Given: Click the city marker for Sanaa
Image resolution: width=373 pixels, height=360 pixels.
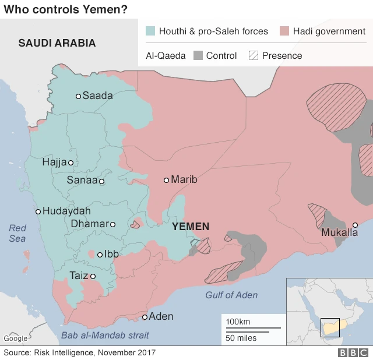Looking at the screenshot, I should coord(101,181).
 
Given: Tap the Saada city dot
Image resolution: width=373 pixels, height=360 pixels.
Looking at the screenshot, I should coord(78,96).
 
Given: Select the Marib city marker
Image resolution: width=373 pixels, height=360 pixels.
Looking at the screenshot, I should coord(166,180).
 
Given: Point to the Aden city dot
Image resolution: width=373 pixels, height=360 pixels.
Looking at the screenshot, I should coord(145,317).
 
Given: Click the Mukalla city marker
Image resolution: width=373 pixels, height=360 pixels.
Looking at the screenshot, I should coord(355,225).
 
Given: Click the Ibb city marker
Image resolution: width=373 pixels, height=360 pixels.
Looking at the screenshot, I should coord(100,254).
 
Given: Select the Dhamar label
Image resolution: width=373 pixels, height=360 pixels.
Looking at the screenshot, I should coord(89,224).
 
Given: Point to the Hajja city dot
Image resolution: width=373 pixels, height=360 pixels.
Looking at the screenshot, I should coord(71,163).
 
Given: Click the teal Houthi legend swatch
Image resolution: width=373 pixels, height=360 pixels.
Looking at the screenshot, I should coord(150,31).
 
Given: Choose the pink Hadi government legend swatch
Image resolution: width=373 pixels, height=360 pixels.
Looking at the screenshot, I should coord(284,31).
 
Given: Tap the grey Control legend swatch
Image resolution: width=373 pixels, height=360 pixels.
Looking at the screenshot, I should coord(198,56).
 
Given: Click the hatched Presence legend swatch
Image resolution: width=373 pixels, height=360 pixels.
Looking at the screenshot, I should coord(254,56).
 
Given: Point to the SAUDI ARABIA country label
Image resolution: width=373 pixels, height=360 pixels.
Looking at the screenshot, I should coord(57,43).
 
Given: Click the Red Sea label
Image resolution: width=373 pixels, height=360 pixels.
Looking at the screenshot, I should coord(17,233).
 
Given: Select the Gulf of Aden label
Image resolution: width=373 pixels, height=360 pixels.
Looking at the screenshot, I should coord(231,295).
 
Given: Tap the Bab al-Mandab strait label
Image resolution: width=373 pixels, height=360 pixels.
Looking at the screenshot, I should coord(105,335).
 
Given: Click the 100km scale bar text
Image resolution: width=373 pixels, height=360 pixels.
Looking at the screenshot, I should coord(238,322).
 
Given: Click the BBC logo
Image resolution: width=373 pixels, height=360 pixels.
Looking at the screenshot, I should coord(351,352).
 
